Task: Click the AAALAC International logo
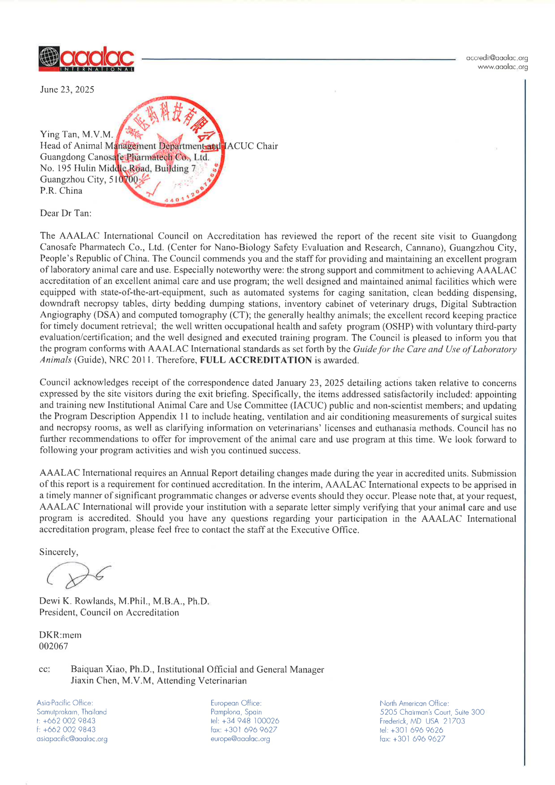coord(86,59)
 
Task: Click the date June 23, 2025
coord(67,90)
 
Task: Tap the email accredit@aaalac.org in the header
coord(497,58)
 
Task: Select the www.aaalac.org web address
coord(503,67)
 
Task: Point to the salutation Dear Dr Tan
coord(65,213)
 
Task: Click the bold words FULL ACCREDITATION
coord(255,360)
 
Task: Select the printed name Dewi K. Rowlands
coord(78,601)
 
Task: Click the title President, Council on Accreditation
coord(109,612)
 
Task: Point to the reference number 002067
coord(54,646)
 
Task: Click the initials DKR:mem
coord(60,635)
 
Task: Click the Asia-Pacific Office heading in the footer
coord(65,703)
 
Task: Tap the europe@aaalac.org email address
coord(240,739)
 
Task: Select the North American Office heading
coord(414,703)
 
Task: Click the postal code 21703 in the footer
coord(454,721)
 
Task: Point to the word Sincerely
coord(58,552)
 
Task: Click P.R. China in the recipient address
coord(61,191)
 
